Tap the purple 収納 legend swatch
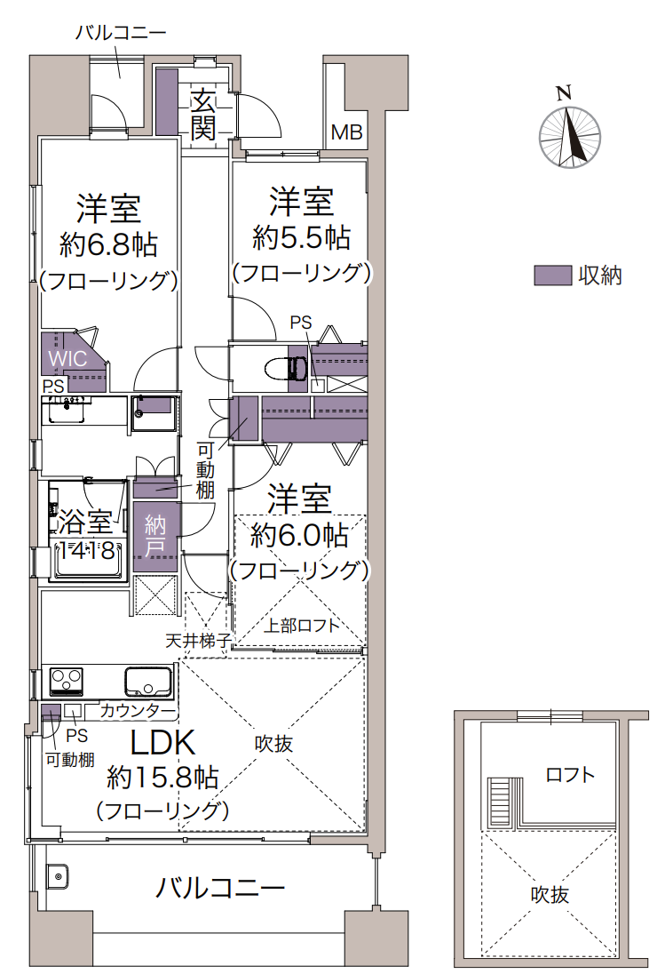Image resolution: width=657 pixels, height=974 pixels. (553, 275)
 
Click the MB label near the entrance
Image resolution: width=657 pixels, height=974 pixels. (346, 132)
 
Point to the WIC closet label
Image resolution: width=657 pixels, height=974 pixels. (67, 358)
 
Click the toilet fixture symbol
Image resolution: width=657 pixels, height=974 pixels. (288, 368)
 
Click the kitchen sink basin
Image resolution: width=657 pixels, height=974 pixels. (148, 682)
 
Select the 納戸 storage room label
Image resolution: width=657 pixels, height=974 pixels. (155, 536)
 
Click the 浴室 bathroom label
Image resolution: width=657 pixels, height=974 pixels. (85, 523)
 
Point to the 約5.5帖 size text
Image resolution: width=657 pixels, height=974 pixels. (302, 237)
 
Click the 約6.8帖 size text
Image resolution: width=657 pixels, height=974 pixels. (108, 244)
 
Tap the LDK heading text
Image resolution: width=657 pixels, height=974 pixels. (162, 742)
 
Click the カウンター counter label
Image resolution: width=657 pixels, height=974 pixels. (137, 710)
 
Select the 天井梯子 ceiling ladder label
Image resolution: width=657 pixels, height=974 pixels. (199, 640)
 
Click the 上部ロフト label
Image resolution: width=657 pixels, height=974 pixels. (302, 625)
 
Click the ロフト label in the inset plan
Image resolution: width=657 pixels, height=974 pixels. (570, 775)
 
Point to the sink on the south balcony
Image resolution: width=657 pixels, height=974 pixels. (58, 877)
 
